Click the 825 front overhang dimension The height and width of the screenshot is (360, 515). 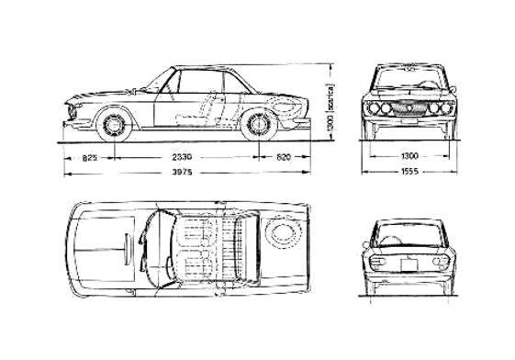(x=90, y=159)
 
